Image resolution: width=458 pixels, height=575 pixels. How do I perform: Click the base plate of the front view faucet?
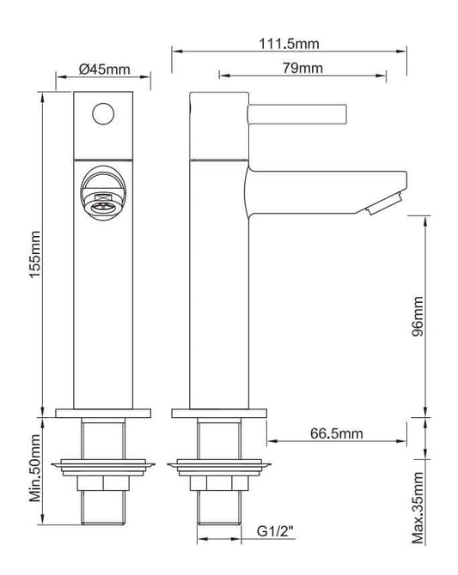pyautogui.click(x=103, y=412)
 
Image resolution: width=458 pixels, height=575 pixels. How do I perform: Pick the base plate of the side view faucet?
pyautogui.click(x=218, y=412)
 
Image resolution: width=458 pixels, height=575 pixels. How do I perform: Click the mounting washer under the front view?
pyautogui.click(x=103, y=469)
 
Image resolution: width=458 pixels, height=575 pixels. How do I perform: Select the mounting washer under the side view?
pyautogui.click(x=218, y=469)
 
